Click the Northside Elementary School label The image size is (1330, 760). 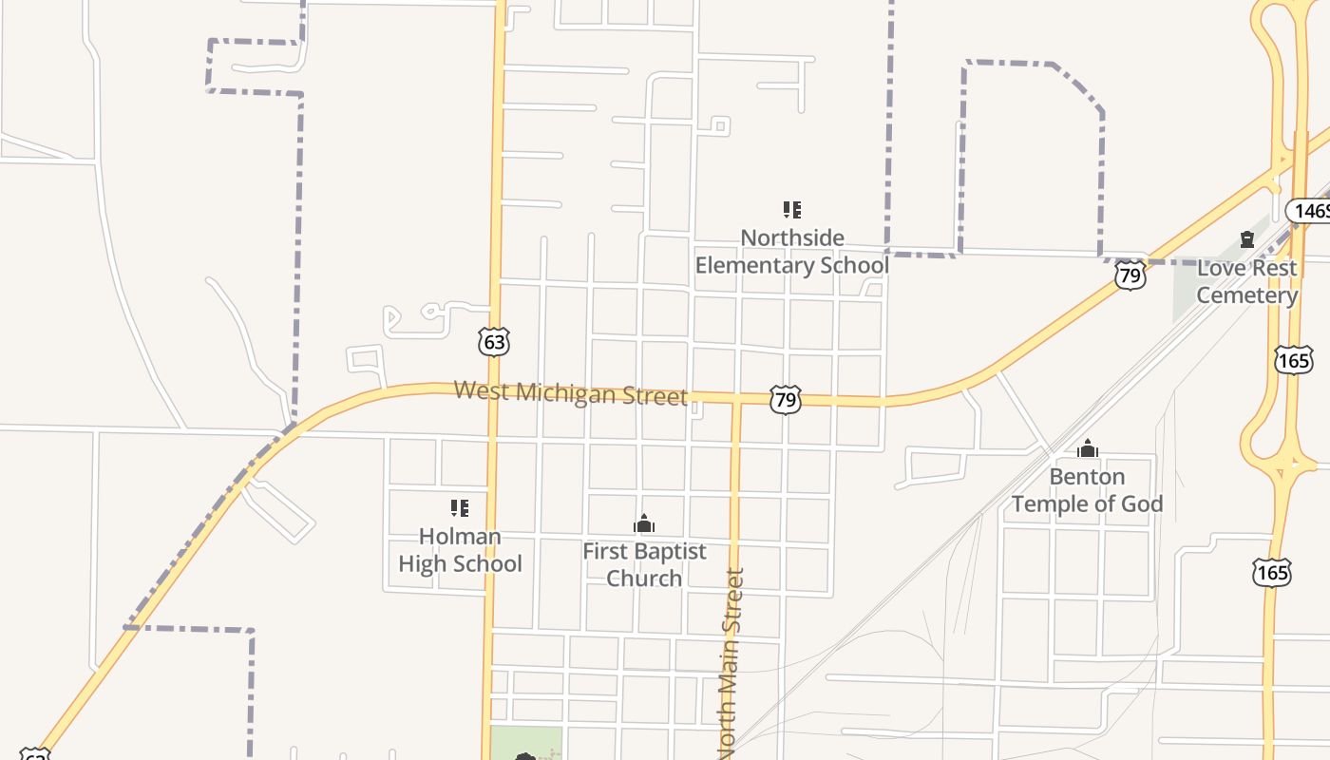pyautogui.click(x=791, y=252)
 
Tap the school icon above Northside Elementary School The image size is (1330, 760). pyautogui.click(x=791, y=210)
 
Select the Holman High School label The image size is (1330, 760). pyautogui.click(x=460, y=550)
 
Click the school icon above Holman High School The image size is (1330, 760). pyautogui.click(x=460, y=508)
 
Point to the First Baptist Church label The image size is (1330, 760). pyautogui.click(x=644, y=564)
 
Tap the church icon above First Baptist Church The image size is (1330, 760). pyautogui.click(x=644, y=523)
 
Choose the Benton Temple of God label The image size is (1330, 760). pyautogui.click(x=1087, y=490)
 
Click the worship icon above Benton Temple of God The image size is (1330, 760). pyautogui.click(x=1088, y=448)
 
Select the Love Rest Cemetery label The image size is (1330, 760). pyautogui.click(x=1246, y=281)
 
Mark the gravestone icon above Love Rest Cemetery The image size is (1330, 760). pyautogui.click(x=1247, y=239)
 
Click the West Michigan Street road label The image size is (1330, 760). pyautogui.click(x=570, y=392)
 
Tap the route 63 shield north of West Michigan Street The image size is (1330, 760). pyautogui.click(x=494, y=341)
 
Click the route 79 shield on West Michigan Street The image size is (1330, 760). pyautogui.click(x=786, y=400)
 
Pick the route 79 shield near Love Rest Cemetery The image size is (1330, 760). pyautogui.click(x=1130, y=275)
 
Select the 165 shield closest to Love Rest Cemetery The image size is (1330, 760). pyautogui.click(x=1293, y=359)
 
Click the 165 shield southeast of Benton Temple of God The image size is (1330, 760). pyautogui.click(x=1271, y=572)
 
